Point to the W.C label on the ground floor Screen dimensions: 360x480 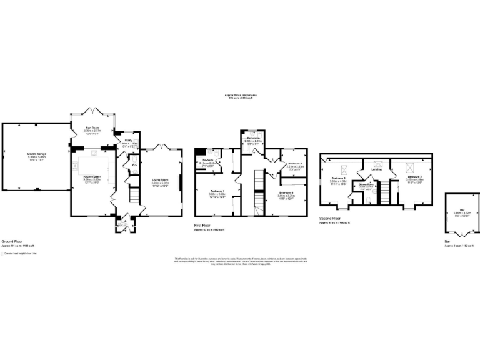pos(134,164)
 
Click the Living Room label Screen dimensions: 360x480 pos(161,180)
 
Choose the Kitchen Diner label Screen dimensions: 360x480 pos(92,176)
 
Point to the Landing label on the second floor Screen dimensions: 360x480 pos(376,169)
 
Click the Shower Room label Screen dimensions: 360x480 pos(366,184)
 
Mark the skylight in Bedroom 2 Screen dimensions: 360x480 pos(410,166)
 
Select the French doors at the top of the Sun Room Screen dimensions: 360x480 pos(93,111)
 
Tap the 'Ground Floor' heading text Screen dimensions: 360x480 pos(12,241)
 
